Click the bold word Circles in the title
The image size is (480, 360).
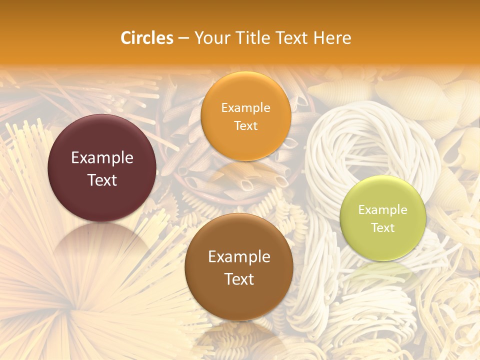pos(146,38)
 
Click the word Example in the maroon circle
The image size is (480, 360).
pos(102,158)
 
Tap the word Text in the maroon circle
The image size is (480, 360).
pos(102,180)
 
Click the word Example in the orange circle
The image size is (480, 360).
pos(245,107)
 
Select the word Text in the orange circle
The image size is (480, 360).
pos(245,125)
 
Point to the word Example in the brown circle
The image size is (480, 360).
pos(239,257)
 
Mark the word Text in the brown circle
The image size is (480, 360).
pos(239,279)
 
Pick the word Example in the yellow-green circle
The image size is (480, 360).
pos(383,209)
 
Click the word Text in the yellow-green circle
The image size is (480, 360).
pos(383,227)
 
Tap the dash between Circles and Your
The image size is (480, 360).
pos(183,38)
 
